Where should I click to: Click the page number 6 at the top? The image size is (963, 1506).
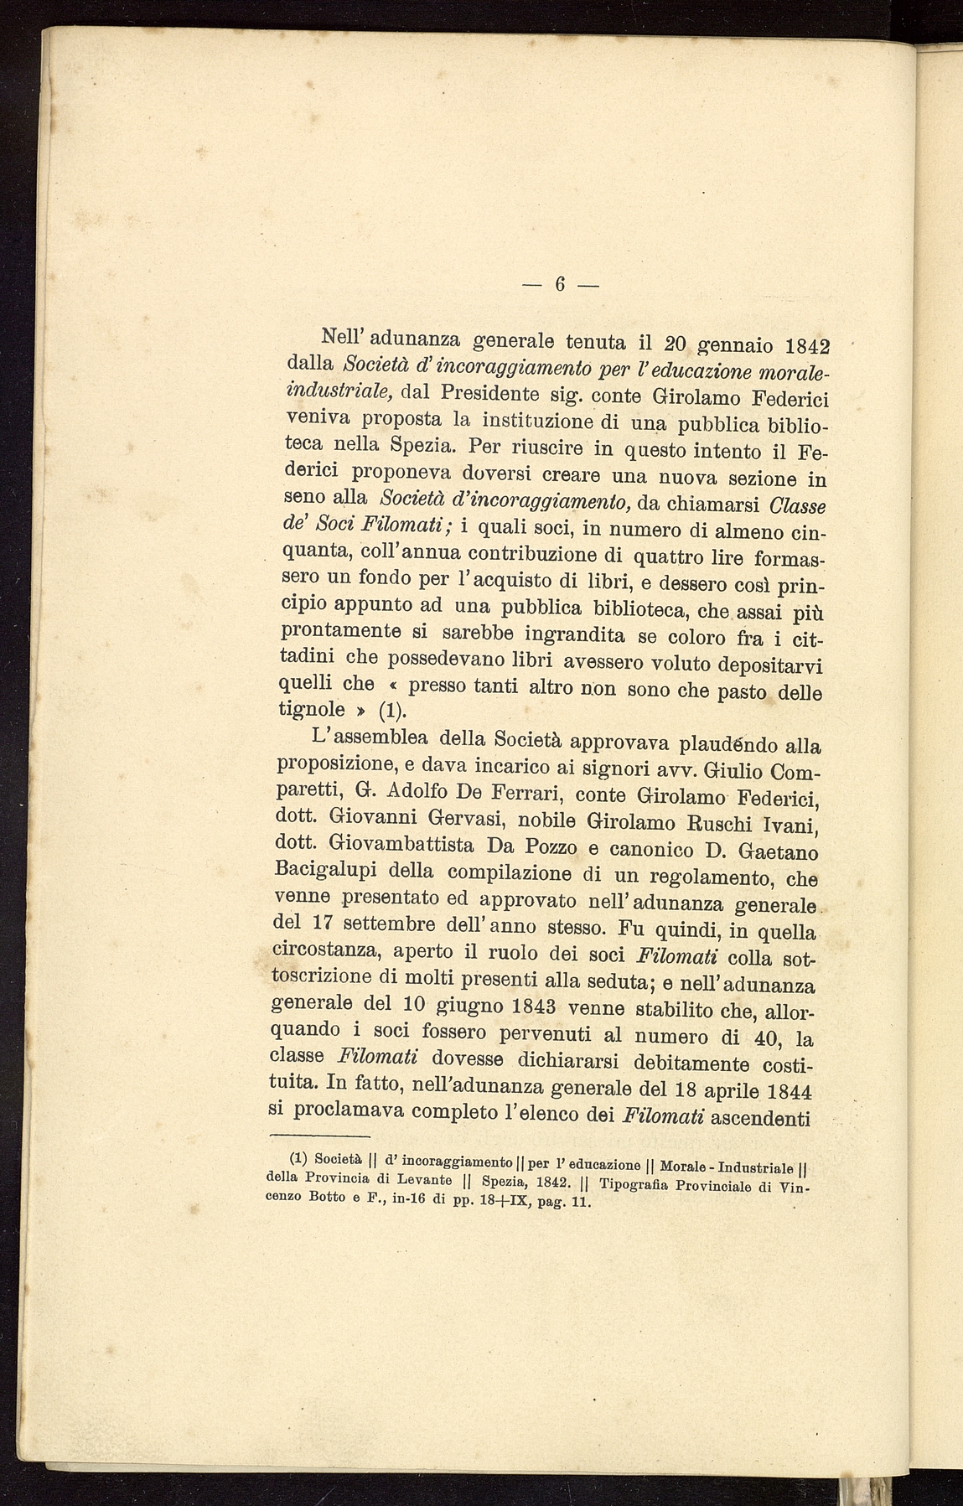pyautogui.click(x=560, y=284)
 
